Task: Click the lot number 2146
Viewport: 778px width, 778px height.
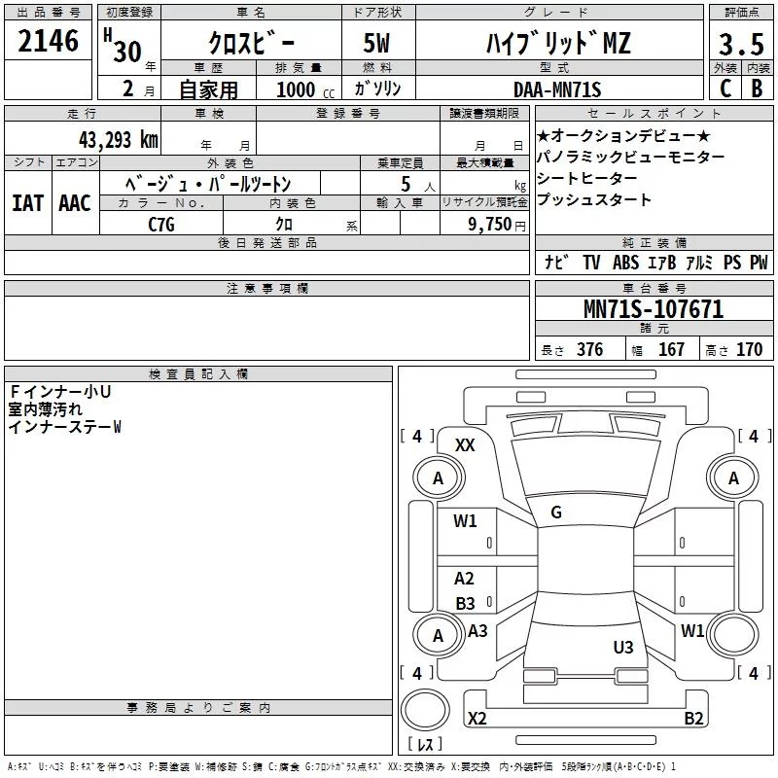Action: (48, 41)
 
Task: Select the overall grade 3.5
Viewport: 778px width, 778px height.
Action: (741, 44)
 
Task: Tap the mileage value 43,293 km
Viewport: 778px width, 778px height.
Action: (118, 140)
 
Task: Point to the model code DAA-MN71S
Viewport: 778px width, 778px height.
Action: (557, 89)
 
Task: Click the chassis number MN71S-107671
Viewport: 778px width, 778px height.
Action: (654, 309)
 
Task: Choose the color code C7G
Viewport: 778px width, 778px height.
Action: (161, 225)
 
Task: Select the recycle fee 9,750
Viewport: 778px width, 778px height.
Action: (489, 225)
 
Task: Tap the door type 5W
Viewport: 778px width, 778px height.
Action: (376, 43)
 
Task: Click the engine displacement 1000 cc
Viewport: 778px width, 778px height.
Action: (305, 89)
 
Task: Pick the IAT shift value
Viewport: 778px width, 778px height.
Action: (27, 203)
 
